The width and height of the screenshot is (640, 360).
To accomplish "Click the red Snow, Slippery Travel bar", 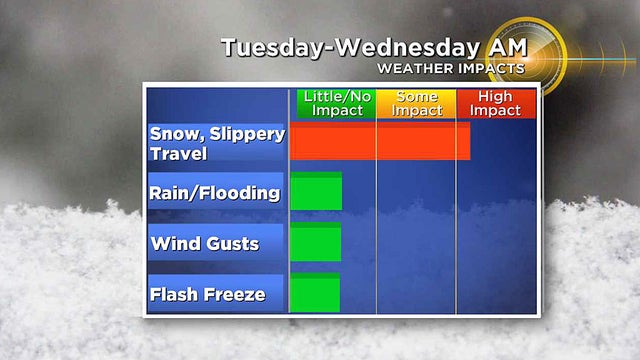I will [x=380, y=141].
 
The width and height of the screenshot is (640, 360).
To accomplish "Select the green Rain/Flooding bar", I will [x=316, y=191].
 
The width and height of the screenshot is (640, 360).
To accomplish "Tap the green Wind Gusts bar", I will [x=316, y=242].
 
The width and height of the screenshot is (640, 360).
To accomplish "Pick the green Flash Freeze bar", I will [x=316, y=293].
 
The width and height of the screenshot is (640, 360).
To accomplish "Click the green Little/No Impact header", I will [x=336, y=103].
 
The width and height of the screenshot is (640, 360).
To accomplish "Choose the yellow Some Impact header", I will [x=416, y=103].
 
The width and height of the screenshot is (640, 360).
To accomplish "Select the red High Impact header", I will [x=496, y=103].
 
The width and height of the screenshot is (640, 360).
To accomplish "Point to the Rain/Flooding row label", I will [x=215, y=193].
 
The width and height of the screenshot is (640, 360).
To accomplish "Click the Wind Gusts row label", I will [x=205, y=243].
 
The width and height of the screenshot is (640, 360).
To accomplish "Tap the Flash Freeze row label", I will [x=208, y=294].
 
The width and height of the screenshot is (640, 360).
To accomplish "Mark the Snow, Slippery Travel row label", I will [x=215, y=142].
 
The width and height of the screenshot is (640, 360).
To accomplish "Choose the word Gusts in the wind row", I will [x=232, y=243].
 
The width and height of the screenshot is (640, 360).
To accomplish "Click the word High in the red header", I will [x=496, y=97].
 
